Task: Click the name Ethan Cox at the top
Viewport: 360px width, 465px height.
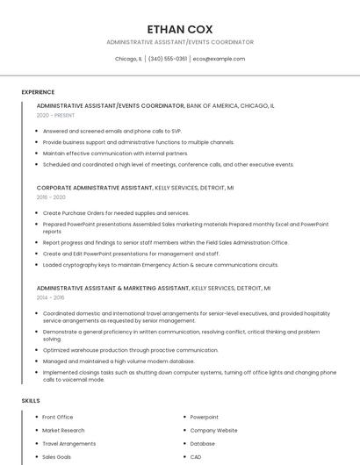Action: click(x=180, y=29)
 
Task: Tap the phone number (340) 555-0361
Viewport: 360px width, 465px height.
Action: click(x=167, y=59)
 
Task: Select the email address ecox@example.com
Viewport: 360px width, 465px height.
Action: click(x=219, y=59)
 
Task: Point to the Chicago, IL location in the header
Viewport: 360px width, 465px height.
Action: click(x=128, y=59)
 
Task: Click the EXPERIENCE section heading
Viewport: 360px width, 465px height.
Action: click(x=38, y=92)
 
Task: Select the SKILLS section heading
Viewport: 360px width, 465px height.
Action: click(x=31, y=401)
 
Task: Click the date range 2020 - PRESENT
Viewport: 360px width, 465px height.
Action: click(x=56, y=115)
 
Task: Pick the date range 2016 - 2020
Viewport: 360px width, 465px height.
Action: click(x=51, y=197)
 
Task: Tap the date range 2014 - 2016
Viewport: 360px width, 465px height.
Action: click(x=51, y=297)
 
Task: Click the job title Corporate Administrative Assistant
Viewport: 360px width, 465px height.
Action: click(x=94, y=188)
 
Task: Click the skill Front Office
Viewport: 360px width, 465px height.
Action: click(x=58, y=417)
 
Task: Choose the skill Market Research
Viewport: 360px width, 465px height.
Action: click(x=63, y=430)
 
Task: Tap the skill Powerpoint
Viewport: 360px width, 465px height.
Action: click(x=205, y=417)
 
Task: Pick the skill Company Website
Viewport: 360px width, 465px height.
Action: click(x=213, y=430)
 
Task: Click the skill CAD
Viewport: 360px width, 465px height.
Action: click(x=196, y=456)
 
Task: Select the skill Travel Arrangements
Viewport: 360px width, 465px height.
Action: click(x=69, y=443)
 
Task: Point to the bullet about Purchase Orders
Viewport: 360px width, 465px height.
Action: click(x=115, y=212)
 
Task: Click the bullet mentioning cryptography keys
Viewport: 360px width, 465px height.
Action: click(x=161, y=264)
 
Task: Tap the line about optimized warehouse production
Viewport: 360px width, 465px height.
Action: click(x=130, y=349)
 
